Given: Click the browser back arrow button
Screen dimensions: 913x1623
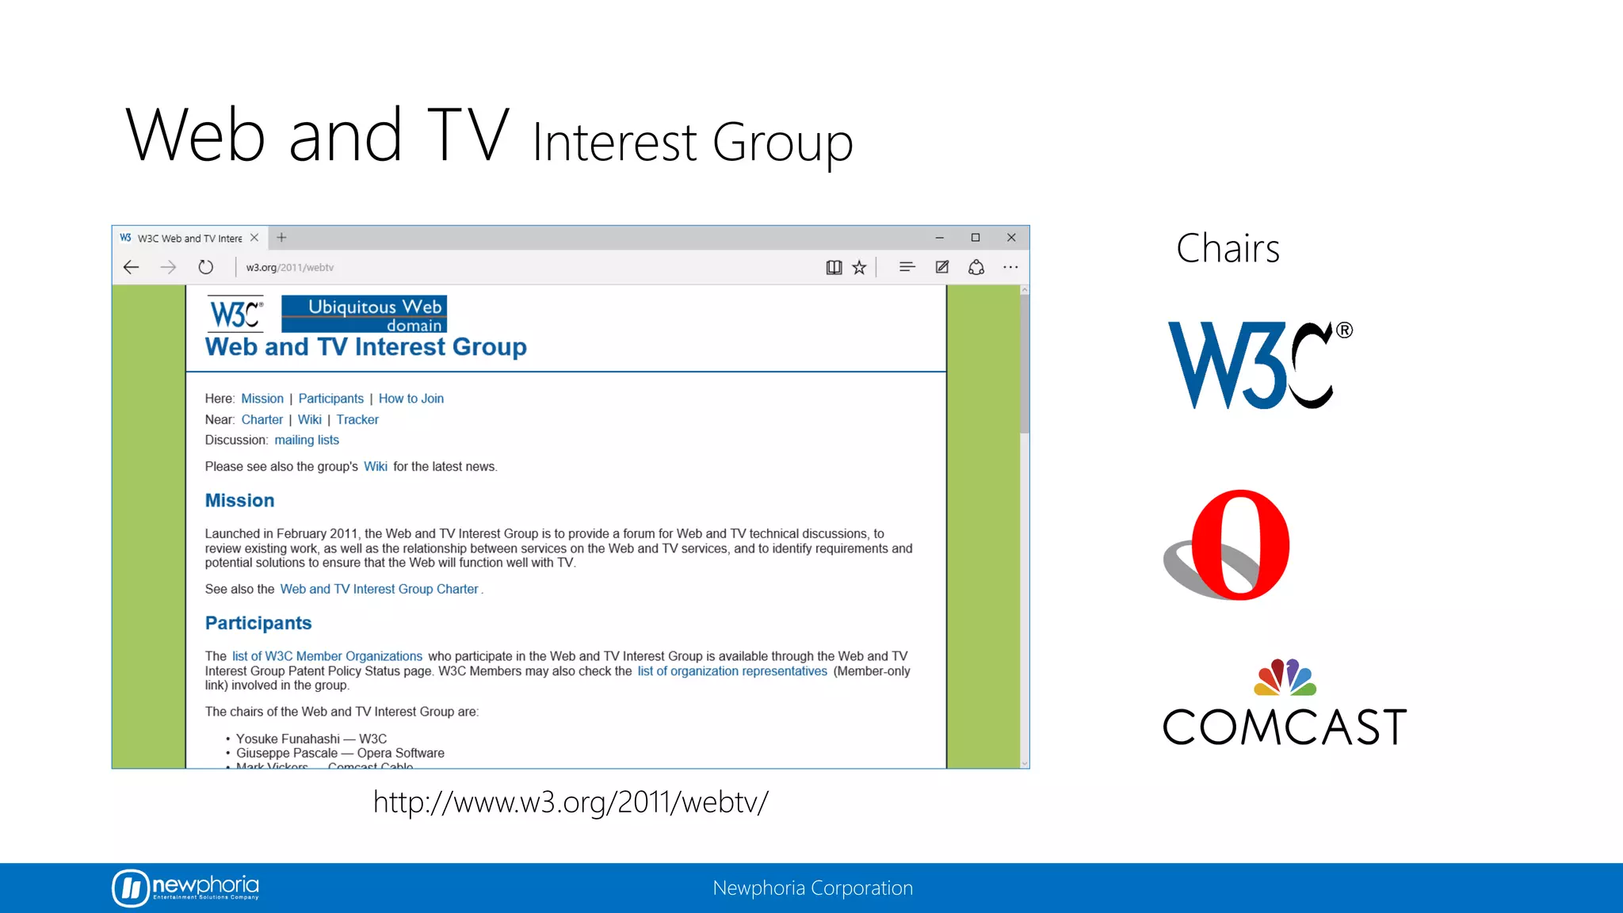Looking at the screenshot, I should tap(132, 268).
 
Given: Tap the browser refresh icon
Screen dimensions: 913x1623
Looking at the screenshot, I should tap(206, 268).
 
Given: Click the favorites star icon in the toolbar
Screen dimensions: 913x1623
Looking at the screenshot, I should tap(859, 268).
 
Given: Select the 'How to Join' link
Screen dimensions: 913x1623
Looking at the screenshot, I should tap(411, 399).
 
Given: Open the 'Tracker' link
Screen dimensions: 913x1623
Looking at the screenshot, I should tap(357, 420).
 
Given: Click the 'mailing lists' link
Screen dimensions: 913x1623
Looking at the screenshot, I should tap(307, 441).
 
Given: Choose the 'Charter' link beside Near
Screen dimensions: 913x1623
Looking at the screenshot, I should tap(262, 420).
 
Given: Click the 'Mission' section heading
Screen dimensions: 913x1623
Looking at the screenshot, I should tap(239, 501).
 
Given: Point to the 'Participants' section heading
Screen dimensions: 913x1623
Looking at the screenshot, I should tap(258, 624).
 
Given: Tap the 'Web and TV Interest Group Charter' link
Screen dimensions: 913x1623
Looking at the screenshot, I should tap(379, 590).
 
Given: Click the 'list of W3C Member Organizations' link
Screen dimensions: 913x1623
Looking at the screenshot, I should tap(327, 656).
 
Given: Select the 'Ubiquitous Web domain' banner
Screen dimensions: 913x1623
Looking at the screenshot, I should tap(365, 315).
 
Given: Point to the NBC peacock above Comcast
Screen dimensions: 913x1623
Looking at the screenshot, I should tap(1285, 678).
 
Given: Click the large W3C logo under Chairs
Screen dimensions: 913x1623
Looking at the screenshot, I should tap(1258, 365).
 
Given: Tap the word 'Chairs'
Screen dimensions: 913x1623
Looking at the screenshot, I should tap(1228, 249).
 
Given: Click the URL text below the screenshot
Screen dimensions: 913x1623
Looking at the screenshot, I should tap(571, 802).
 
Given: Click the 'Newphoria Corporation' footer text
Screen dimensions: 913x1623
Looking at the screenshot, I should tap(812, 888).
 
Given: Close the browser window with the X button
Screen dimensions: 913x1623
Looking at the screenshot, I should tap(1011, 238).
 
